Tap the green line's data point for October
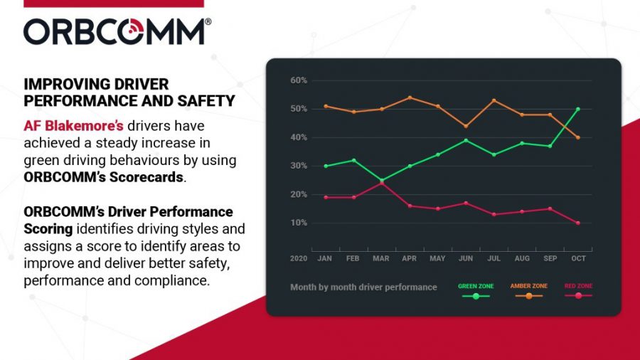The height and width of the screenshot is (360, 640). pos(578,109)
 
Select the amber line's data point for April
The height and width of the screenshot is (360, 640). pos(410,97)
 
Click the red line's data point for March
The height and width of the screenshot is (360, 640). pos(382,183)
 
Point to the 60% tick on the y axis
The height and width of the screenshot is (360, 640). pos(299,80)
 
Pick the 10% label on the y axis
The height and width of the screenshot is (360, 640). pos(299,223)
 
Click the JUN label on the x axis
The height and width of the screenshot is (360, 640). pos(466,258)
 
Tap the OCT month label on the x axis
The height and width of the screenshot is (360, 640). pos(577,258)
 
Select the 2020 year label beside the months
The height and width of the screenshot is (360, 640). pos(299,258)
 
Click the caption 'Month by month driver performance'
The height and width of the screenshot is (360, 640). pos(363,287)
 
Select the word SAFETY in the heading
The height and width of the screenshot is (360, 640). pos(208,101)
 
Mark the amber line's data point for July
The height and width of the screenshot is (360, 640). pos(494,100)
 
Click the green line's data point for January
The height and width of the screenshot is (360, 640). pos(326,166)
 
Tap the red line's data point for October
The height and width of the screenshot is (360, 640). pos(578,223)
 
